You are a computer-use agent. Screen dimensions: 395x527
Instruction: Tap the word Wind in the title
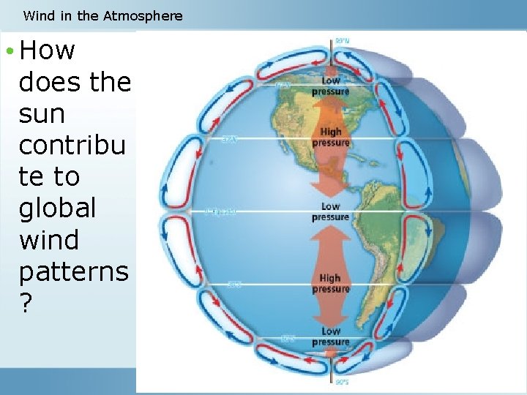click(x=37, y=15)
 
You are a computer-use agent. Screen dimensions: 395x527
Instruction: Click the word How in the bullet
click(x=48, y=50)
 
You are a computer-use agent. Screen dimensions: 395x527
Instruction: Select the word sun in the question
click(x=42, y=113)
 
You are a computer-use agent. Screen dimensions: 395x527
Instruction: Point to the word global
click(x=57, y=208)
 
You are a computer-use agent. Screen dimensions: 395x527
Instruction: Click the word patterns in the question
click(x=73, y=271)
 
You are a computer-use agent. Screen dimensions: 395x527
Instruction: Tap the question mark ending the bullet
click(x=26, y=303)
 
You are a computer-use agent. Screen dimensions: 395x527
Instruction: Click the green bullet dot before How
click(x=9, y=51)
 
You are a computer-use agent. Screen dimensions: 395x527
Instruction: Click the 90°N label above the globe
click(x=342, y=40)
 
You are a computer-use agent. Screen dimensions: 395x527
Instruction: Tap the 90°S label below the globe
click(x=342, y=382)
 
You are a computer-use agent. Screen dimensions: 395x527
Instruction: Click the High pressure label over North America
click(x=330, y=138)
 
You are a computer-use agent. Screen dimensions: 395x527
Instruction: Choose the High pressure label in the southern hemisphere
click(x=330, y=283)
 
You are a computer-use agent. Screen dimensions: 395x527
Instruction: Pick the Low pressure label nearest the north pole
click(x=330, y=86)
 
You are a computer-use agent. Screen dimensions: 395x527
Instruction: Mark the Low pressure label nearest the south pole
click(x=330, y=336)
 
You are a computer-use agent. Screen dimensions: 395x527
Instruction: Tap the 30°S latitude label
click(x=233, y=284)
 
